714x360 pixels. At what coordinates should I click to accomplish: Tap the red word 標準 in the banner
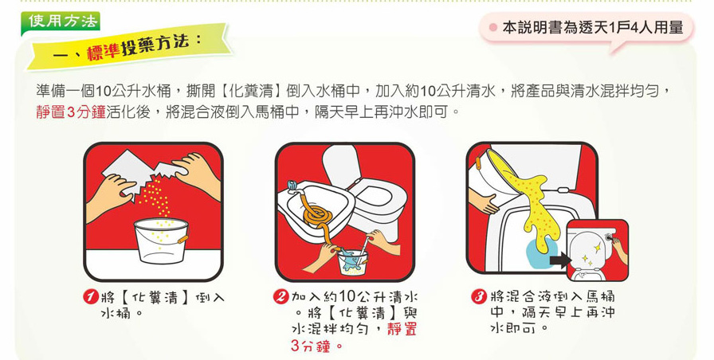pos(104,53)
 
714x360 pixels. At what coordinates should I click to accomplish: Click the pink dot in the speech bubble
pos(492,27)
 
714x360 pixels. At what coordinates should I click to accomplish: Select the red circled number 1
pos(91,298)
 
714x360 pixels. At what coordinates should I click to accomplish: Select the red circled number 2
pos(281,297)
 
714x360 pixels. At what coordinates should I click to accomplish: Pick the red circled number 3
pos(479,297)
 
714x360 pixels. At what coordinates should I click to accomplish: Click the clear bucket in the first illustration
pos(161,241)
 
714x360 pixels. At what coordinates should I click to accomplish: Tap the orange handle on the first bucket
pos(182,239)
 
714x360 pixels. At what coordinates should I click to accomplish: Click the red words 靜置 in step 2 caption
pos(402,329)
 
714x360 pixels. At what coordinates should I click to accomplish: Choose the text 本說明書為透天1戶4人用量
pos(593,28)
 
